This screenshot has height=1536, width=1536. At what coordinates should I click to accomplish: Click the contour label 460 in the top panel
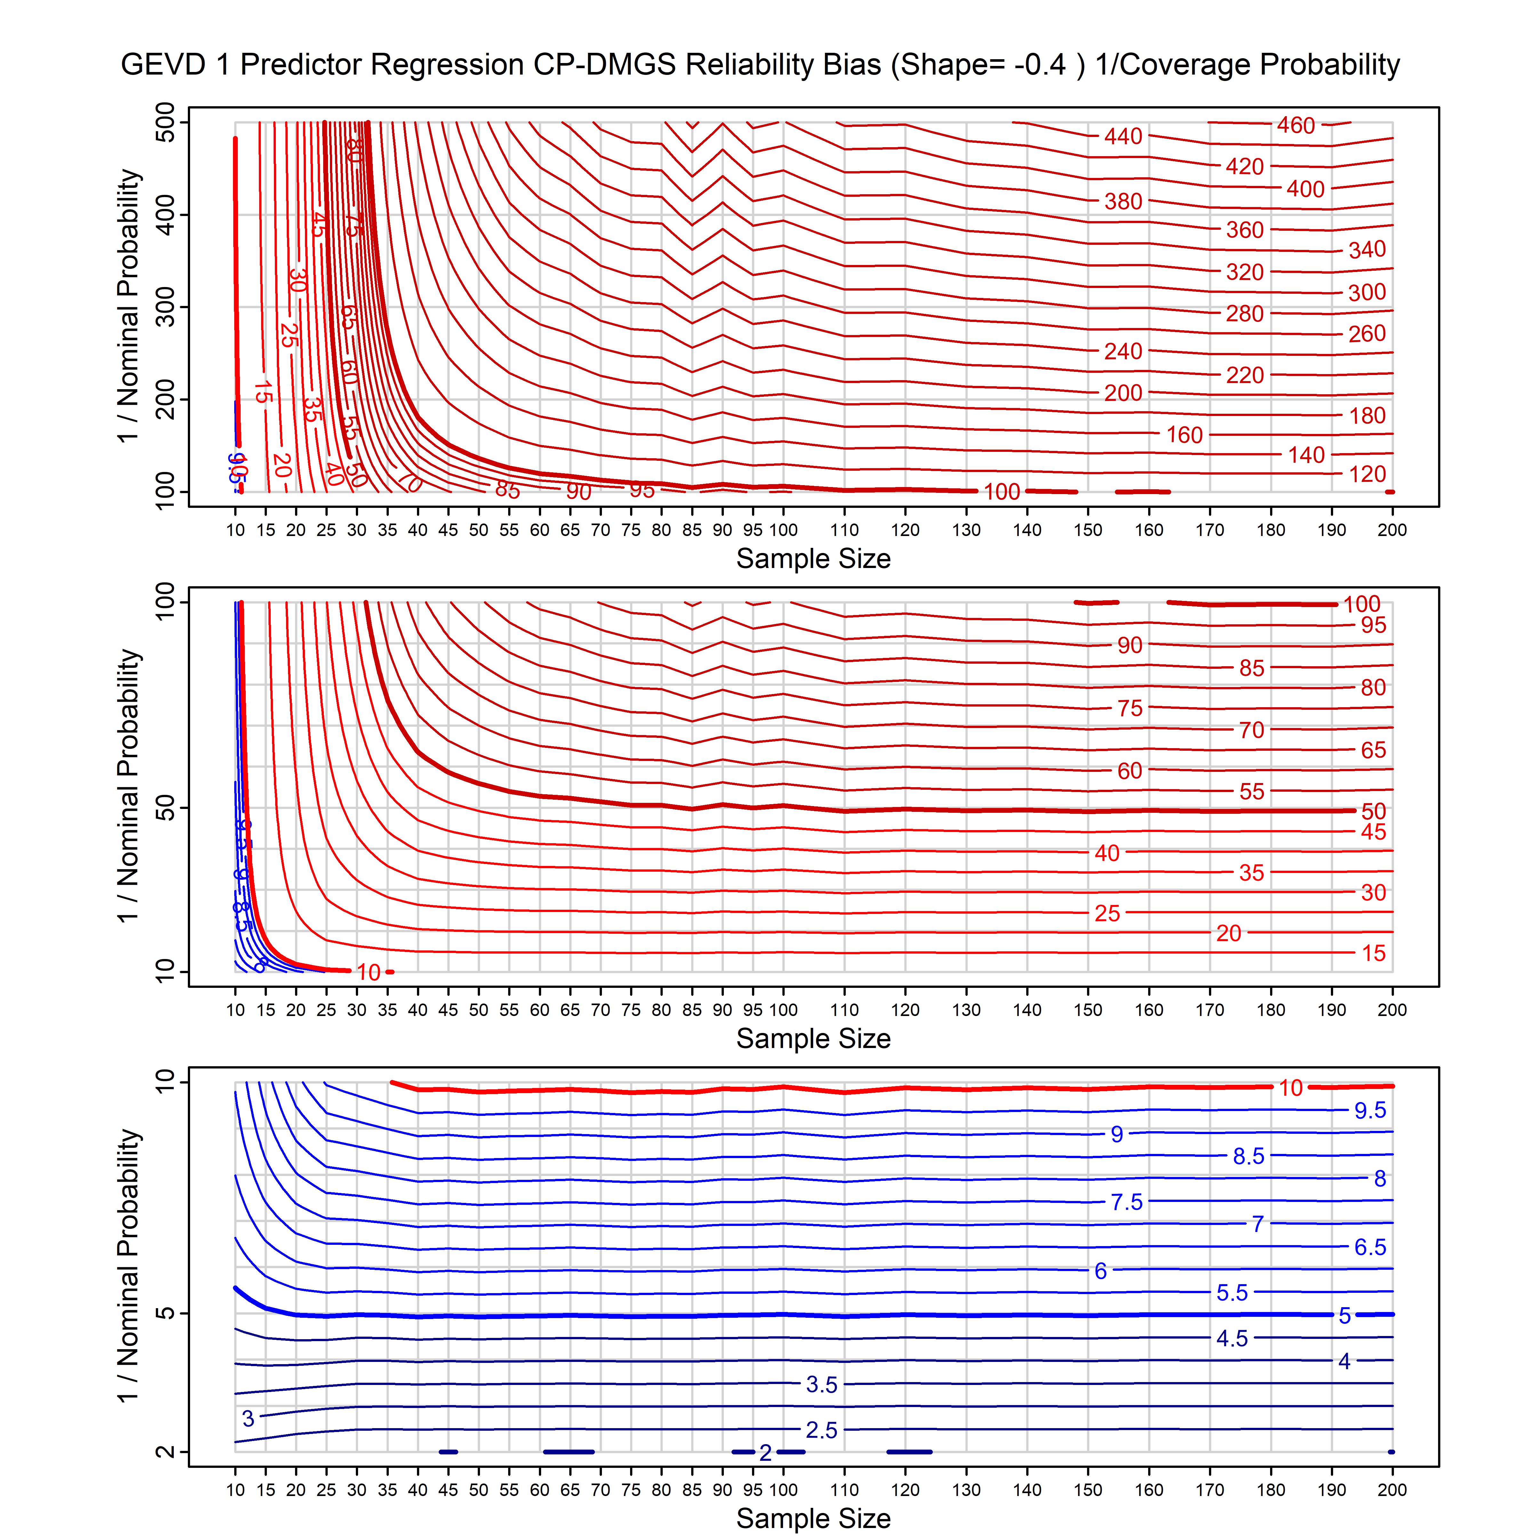click(x=1296, y=126)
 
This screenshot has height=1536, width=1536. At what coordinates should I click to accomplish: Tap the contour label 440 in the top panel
click(x=1123, y=137)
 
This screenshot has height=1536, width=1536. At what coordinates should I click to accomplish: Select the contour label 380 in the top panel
click(x=1123, y=202)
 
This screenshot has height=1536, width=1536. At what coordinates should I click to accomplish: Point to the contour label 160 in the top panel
click(x=1184, y=435)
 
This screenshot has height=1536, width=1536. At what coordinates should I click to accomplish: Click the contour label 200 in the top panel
click(x=1123, y=393)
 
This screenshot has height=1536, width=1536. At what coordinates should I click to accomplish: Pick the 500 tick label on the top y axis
click(x=165, y=123)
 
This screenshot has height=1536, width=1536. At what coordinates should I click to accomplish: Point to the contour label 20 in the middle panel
click(x=1228, y=933)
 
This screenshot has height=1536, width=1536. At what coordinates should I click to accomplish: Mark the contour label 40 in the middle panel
click(x=1107, y=853)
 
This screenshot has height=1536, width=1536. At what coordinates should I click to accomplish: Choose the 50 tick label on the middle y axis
click(x=165, y=809)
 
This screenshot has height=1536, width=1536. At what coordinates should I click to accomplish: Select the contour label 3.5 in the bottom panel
click(x=821, y=1385)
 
